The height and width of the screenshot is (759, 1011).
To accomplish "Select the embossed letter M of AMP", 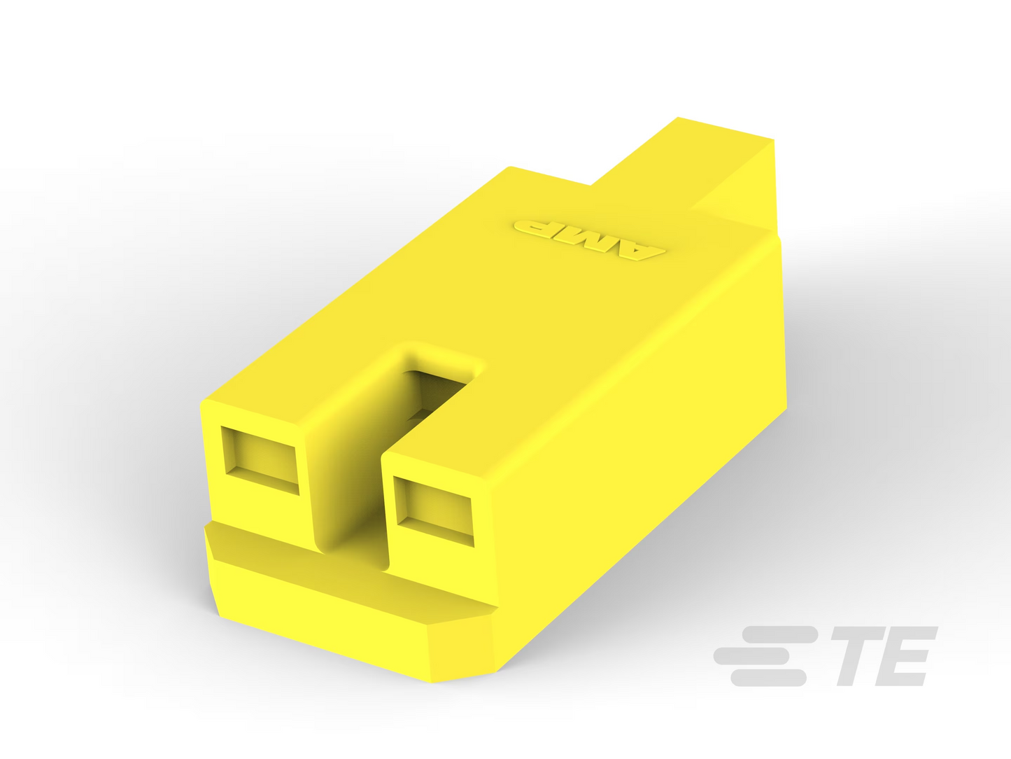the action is pyautogui.click(x=584, y=238).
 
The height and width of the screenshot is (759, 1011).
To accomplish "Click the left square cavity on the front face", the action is pyautogui.click(x=260, y=461).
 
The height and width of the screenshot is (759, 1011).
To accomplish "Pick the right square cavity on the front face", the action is pyautogui.click(x=433, y=511).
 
